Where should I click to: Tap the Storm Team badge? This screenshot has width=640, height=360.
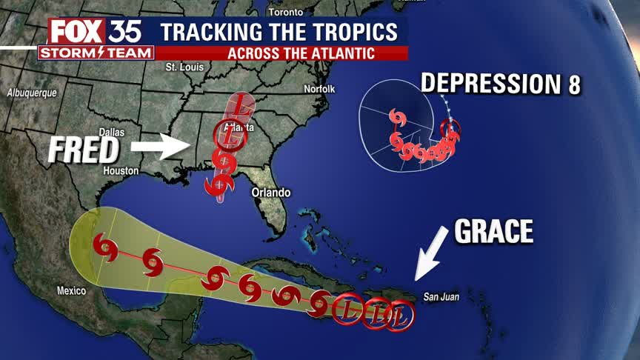[x=96, y=53]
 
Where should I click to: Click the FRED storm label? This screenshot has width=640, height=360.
[x=84, y=150]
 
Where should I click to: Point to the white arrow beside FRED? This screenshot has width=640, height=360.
[x=160, y=147]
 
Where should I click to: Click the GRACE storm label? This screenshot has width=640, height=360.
[x=493, y=231]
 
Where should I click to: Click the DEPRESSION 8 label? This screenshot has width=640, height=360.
[x=501, y=84]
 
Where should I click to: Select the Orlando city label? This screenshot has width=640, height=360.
[x=271, y=192]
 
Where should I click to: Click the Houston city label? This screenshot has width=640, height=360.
[x=121, y=170]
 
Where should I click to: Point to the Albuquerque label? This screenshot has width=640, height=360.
[x=32, y=94]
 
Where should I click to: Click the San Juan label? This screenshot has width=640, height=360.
[x=441, y=298]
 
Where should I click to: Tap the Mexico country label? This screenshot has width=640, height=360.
[x=72, y=290]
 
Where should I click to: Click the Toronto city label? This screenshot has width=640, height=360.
[x=286, y=13]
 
